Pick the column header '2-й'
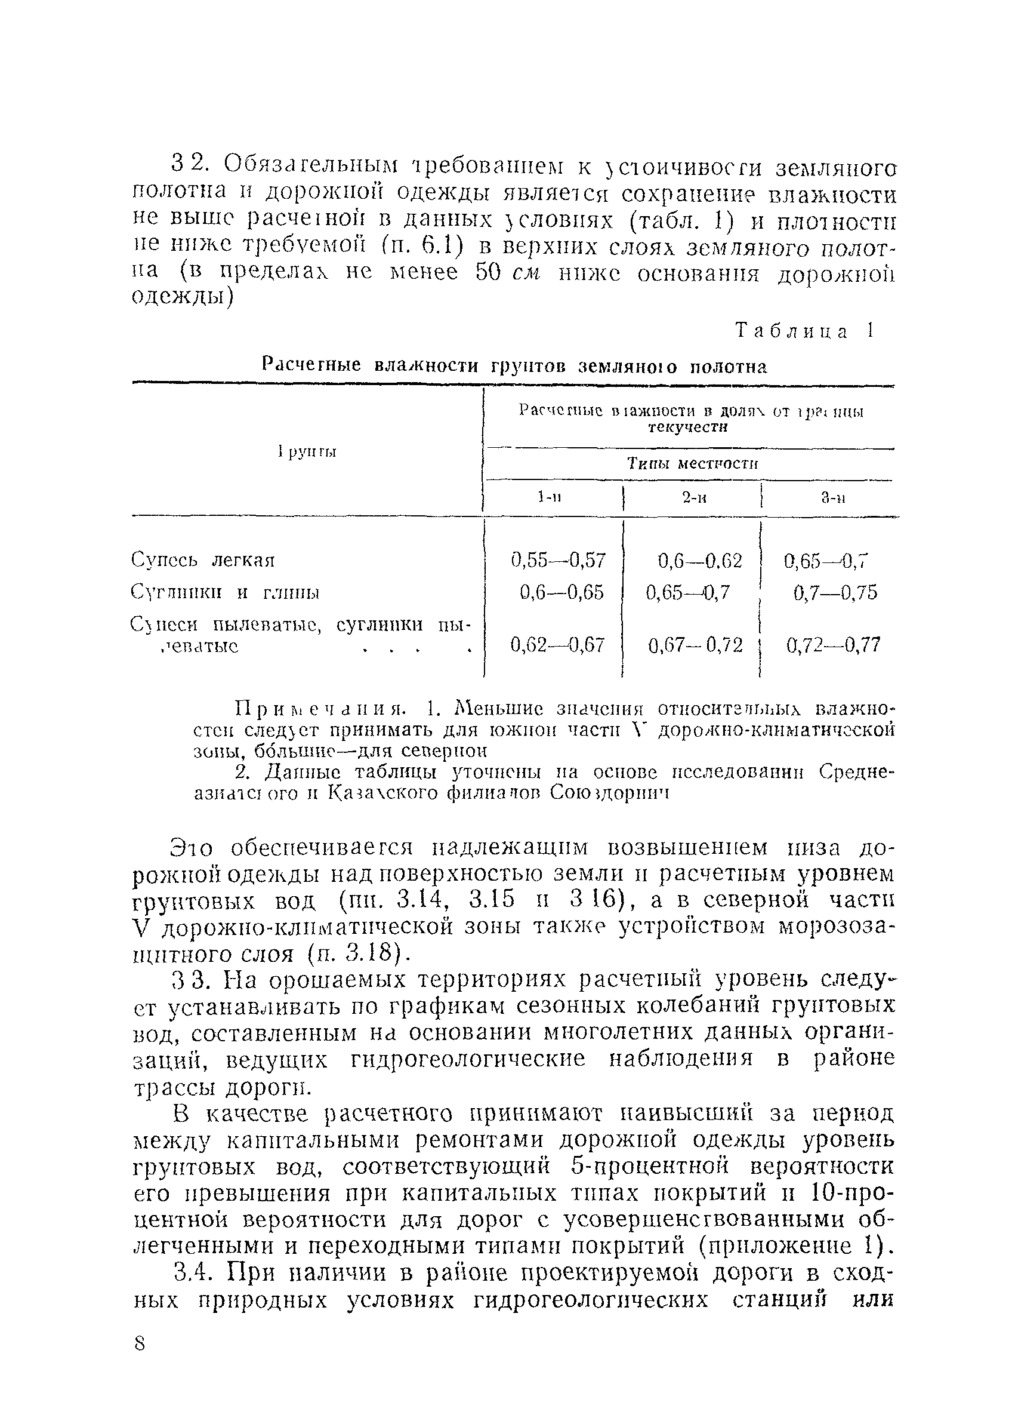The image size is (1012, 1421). [x=693, y=497]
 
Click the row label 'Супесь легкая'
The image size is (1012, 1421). [x=203, y=560]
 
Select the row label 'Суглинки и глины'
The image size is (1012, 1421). [x=225, y=592]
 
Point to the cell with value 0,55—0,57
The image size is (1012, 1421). [x=558, y=560]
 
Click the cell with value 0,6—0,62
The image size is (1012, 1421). [x=700, y=561]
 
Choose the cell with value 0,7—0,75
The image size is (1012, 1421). [x=835, y=592]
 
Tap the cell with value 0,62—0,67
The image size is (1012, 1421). [x=558, y=645]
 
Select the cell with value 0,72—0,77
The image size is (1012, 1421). [x=834, y=645]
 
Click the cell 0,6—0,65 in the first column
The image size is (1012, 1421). [x=561, y=592]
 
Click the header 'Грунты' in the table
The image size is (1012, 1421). [x=307, y=451]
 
